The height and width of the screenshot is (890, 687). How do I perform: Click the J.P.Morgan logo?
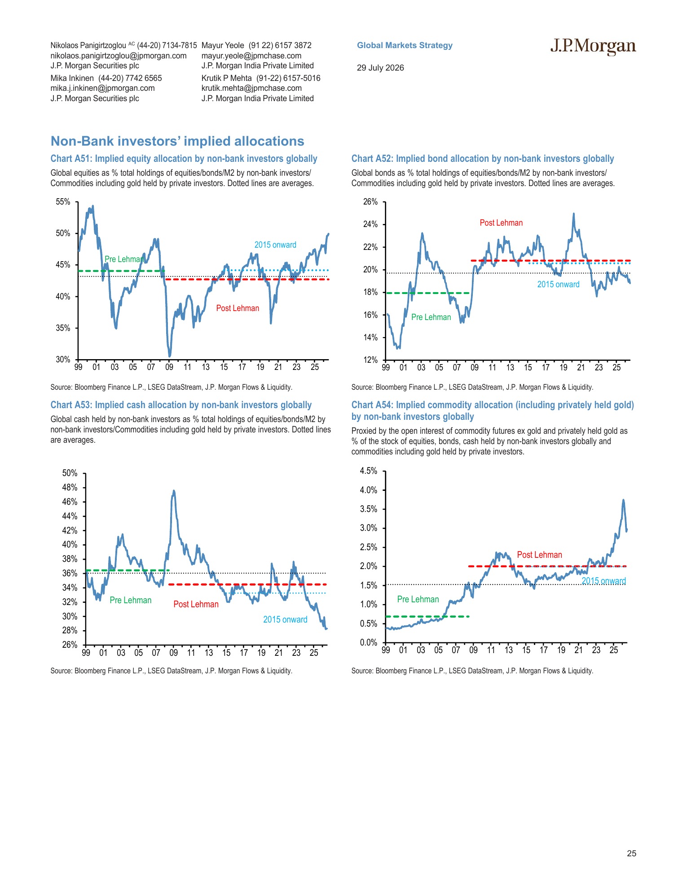[x=593, y=47]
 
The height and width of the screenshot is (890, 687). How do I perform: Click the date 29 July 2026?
[x=380, y=68]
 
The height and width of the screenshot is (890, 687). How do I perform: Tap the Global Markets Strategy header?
[x=405, y=45]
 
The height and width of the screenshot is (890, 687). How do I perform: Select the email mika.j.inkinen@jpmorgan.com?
[x=102, y=88]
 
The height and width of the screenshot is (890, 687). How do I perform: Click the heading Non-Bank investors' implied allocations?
[x=177, y=141]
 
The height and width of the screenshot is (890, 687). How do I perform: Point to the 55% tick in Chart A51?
[x=63, y=202]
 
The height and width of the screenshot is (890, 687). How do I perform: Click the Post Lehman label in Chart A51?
[x=238, y=308]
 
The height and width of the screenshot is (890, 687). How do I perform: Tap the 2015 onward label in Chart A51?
[x=275, y=245]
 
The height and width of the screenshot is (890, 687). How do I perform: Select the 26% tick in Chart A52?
[x=370, y=202]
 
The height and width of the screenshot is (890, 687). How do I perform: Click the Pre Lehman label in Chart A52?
[x=431, y=317]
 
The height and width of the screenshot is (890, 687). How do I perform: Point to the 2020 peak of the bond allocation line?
[x=573, y=214]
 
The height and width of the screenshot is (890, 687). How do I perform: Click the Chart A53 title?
[x=181, y=405]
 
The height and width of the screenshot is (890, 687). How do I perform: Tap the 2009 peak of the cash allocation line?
[x=174, y=491]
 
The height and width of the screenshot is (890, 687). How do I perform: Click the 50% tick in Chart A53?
[x=70, y=473]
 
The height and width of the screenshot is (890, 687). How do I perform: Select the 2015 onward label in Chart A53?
[x=285, y=619]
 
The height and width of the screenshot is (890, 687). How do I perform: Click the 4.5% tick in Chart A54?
[x=369, y=471]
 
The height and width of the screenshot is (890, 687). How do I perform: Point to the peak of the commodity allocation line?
[x=623, y=500]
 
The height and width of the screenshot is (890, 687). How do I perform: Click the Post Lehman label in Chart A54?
[x=539, y=555]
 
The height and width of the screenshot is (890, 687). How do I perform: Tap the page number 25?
[x=631, y=854]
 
